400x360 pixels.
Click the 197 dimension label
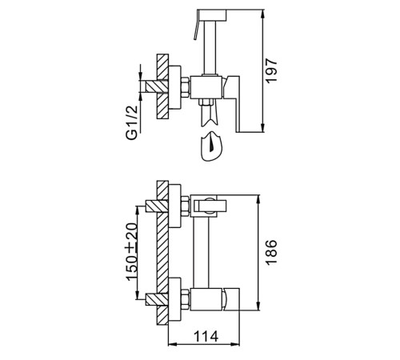tap(272, 71)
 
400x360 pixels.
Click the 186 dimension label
tap(272, 253)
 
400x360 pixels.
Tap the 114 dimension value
tap(206, 336)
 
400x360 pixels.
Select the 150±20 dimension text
tap(132, 252)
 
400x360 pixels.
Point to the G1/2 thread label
tap(132, 123)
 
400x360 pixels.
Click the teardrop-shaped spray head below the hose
tap(212, 146)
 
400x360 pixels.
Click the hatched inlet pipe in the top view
tap(157, 86)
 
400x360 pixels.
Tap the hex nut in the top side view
tap(186, 87)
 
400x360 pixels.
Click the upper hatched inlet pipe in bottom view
tap(157, 206)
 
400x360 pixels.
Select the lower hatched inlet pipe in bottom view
tap(157, 299)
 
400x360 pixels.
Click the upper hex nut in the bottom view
tap(186, 206)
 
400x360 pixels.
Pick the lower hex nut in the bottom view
tap(186, 299)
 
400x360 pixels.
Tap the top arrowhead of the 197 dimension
tap(263, 14)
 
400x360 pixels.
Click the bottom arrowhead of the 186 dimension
tap(258, 306)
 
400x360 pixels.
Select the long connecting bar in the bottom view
tap(202, 253)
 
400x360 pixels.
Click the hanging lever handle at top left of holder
tap(197, 26)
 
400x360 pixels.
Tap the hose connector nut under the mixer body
tap(206, 102)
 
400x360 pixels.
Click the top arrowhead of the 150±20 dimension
tap(137, 210)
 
